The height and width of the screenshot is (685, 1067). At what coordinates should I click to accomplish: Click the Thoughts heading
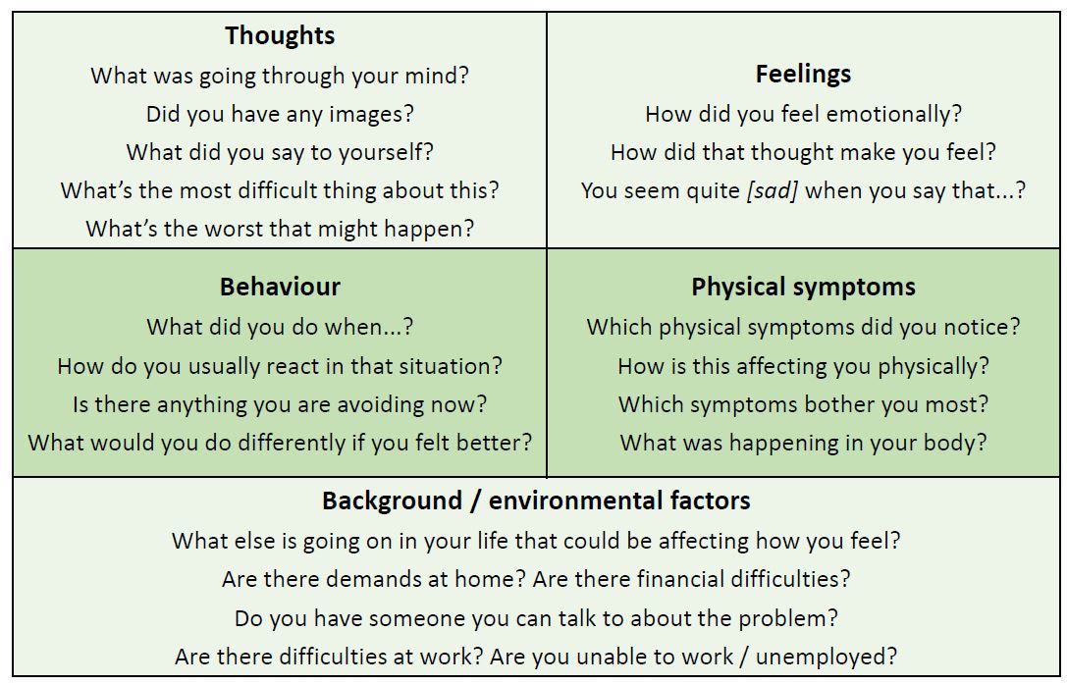[x=280, y=35]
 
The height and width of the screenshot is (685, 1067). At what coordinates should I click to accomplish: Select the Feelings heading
[x=803, y=74]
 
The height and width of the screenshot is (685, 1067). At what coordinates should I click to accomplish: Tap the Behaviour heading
[x=280, y=287]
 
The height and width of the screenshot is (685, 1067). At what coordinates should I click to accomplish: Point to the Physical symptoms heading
[x=803, y=287]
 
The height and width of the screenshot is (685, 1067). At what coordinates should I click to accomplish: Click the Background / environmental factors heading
[x=536, y=501]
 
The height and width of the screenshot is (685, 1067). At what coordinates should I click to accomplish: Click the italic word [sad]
[x=772, y=190]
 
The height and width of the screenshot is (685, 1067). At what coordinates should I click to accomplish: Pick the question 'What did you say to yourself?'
[x=280, y=152]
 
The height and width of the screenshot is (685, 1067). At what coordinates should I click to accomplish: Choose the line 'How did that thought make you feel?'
[x=803, y=152]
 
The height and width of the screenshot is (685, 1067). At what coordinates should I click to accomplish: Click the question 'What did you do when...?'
[x=280, y=327]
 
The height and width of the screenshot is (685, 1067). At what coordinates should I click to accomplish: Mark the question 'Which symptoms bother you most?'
[x=803, y=404]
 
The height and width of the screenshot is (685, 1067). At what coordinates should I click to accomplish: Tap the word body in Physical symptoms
[x=951, y=443]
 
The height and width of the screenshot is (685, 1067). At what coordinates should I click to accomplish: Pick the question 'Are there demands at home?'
[x=374, y=579]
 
